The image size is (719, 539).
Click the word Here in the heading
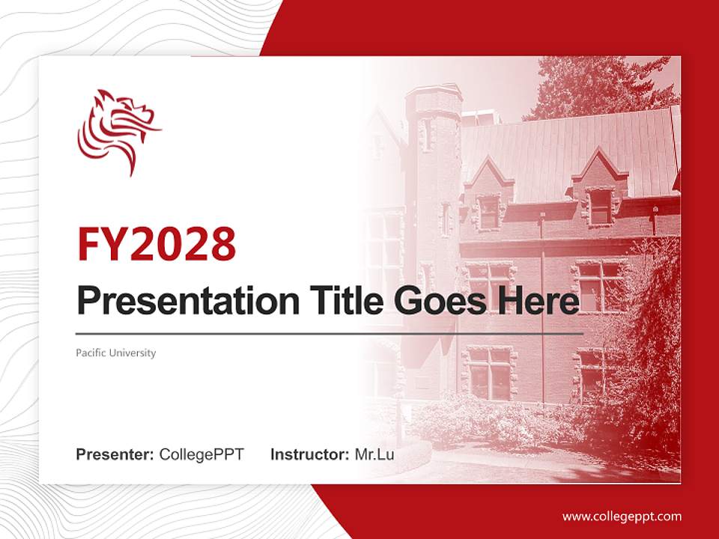point(539,302)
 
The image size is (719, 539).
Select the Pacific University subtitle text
point(115,353)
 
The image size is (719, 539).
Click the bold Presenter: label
point(115,454)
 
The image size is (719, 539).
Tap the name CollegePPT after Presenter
point(201,454)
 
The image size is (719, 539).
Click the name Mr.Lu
point(374,454)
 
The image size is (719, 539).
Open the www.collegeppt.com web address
point(622,516)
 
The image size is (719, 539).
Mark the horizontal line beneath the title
point(330,333)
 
